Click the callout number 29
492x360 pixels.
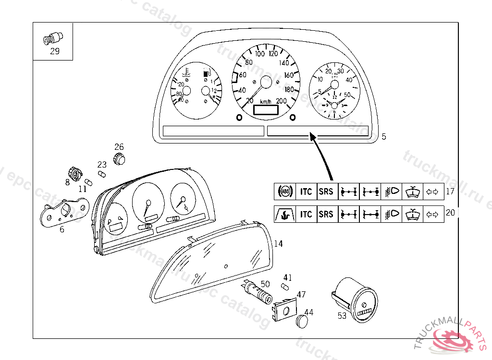tap(55, 51)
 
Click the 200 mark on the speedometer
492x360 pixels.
tap(281, 100)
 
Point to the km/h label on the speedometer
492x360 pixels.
tap(266, 102)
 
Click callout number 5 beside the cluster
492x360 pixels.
tap(384, 137)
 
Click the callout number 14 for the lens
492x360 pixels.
tap(278, 244)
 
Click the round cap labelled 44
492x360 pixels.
tap(301, 321)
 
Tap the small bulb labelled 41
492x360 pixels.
tap(285, 287)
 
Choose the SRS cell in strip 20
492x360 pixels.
tap(326, 214)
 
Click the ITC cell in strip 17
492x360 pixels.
tap(306, 192)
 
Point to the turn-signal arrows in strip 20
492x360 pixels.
tap(433, 214)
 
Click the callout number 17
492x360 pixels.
tap(450, 192)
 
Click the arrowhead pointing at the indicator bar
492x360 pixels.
tap(313, 138)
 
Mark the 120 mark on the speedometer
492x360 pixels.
tap(273, 54)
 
